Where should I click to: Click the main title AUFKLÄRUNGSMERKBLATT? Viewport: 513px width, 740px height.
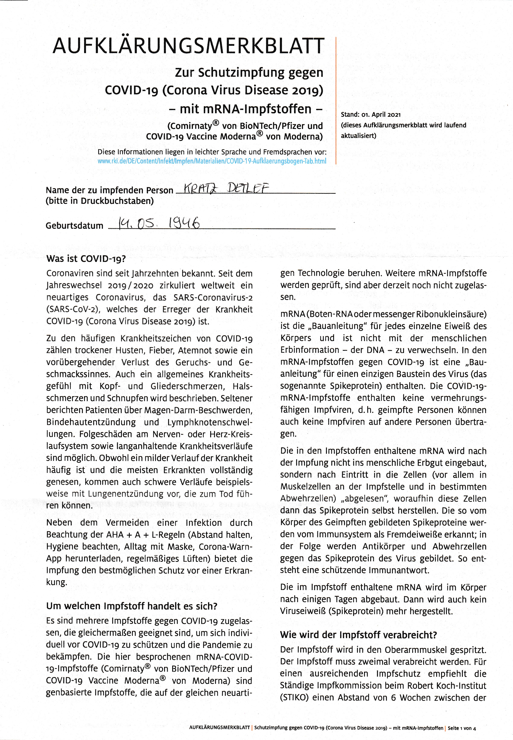(188, 46)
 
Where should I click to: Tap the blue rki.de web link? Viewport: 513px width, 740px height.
(212, 161)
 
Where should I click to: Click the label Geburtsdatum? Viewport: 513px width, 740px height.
(74, 226)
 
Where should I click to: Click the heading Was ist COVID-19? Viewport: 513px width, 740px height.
(86, 259)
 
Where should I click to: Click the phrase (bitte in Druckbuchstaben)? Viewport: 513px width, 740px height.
(100, 201)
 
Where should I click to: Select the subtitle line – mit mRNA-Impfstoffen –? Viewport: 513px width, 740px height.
(246, 109)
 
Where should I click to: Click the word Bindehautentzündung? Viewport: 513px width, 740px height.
(91, 422)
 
